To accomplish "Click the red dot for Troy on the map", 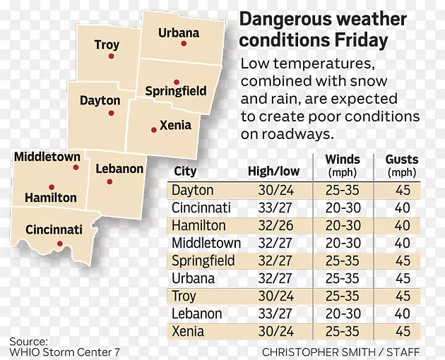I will point(111,56).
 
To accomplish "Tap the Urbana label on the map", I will point(178,32).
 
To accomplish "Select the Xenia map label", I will point(176,125).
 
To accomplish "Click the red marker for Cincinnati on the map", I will point(60,244).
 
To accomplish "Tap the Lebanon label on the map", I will point(119,169).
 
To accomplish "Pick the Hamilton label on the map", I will point(51,198).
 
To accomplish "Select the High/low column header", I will point(274,171).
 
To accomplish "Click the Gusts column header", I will point(402,160).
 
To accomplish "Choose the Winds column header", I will point(343,160).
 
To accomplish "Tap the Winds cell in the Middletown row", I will point(343,243).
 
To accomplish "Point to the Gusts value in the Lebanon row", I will point(403,313).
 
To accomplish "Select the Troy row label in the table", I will point(184,296).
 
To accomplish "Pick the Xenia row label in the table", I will point(187,331).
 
